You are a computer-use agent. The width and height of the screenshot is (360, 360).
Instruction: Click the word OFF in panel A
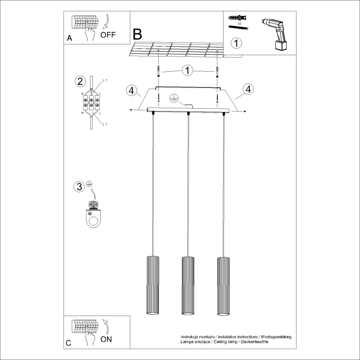click(108, 34)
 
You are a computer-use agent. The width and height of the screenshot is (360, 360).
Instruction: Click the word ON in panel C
click(106, 340)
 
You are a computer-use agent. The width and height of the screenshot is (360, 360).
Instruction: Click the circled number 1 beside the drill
click(236, 43)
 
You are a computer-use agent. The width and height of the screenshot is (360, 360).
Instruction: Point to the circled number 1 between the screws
click(187, 71)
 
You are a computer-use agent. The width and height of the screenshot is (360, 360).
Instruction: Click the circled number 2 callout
click(80, 81)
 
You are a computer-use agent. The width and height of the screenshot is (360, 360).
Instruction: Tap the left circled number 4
click(131, 90)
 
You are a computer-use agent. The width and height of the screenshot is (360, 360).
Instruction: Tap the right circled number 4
click(248, 88)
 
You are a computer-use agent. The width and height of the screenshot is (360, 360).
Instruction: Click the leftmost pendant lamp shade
click(153, 286)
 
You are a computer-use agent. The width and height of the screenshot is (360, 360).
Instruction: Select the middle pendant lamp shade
click(188, 286)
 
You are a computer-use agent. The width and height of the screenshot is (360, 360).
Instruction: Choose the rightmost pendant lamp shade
click(223, 286)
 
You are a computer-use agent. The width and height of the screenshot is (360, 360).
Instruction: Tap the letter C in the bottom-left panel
click(68, 343)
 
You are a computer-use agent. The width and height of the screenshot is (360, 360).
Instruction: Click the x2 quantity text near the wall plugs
click(240, 24)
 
